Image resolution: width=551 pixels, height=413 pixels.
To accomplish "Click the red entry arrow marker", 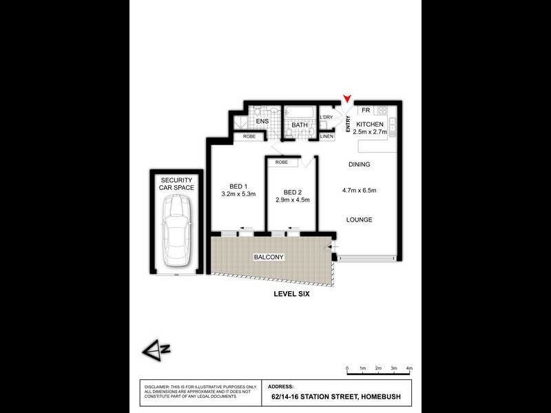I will pyautogui.click(x=349, y=100).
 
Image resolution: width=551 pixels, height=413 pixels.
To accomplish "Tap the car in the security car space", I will pyautogui.click(x=174, y=228).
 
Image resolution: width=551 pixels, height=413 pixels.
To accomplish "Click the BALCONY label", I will pyautogui.click(x=269, y=257).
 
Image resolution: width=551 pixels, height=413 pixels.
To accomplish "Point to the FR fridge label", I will pyautogui.click(x=366, y=110).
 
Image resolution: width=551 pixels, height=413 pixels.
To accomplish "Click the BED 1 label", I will pyautogui.click(x=238, y=186).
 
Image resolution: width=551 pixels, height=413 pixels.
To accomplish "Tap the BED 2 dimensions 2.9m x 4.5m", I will pyautogui.click(x=293, y=200).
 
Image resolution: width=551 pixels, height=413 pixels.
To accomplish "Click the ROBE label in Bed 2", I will pyautogui.click(x=282, y=162).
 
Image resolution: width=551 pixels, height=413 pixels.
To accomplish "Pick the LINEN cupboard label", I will pyautogui.click(x=327, y=136).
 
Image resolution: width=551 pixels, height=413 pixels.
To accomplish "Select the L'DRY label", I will pyautogui.click(x=326, y=118).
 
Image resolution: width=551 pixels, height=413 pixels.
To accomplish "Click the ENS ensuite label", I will pyautogui.click(x=262, y=123).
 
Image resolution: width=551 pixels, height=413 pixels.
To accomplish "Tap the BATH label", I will pyautogui.click(x=299, y=125).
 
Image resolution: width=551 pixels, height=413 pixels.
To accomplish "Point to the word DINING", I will pyautogui.click(x=359, y=165).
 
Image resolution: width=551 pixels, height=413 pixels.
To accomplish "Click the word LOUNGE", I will pyautogui.click(x=359, y=220).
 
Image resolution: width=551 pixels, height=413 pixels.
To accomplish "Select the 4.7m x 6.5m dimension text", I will pyautogui.click(x=359, y=190).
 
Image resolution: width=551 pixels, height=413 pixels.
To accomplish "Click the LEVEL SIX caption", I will pyautogui.click(x=292, y=294).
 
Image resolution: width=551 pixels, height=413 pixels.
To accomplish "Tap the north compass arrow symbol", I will pyautogui.click(x=152, y=350).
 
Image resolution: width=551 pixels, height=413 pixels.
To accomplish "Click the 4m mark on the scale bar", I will pyautogui.click(x=409, y=369).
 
